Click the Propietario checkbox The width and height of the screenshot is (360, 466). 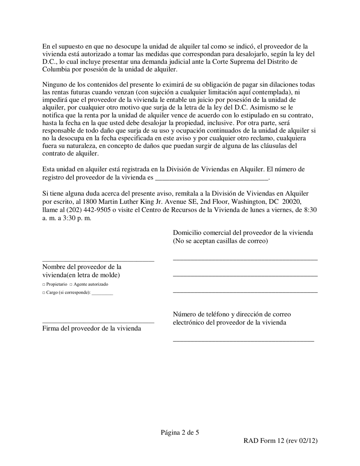(x=44, y=285)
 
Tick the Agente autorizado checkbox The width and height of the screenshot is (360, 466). (x=71, y=285)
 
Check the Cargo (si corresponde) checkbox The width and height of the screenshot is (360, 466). (x=44, y=293)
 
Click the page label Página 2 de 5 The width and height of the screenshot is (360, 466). (x=180, y=432)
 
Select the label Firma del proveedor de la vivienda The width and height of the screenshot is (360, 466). (x=92, y=328)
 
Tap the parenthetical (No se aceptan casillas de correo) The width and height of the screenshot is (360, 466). (x=220, y=241)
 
